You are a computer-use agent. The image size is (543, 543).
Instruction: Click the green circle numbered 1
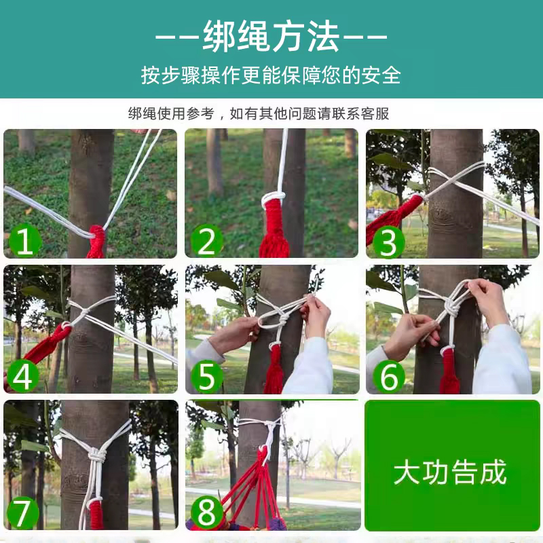pyautogui.click(x=24, y=241)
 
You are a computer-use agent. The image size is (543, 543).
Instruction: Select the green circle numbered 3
pyautogui.click(x=388, y=242)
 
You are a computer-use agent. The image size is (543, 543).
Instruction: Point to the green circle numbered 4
pyautogui.click(x=22, y=376)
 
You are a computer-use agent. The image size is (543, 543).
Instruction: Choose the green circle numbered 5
pyautogui.click(x=207, y=377)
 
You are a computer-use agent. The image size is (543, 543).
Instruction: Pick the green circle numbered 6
pyautogui.click(x=388, y=377)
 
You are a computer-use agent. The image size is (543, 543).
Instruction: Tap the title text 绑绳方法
pyautogui.click(x=271, y=36)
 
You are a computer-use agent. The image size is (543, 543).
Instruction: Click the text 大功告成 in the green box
pyautogui.click(x=450, y=472)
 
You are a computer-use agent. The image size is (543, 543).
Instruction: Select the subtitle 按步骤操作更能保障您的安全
pyautogui.click(x=271, y=75)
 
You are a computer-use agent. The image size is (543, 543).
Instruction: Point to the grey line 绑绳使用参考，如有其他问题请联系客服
pyautogui.click(x=259, y=113)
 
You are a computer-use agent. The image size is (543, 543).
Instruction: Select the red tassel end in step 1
pyautogui.click(x=96, y=242)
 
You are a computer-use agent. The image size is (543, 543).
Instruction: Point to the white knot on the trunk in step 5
pyautogui.click(x=283, y=321)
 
